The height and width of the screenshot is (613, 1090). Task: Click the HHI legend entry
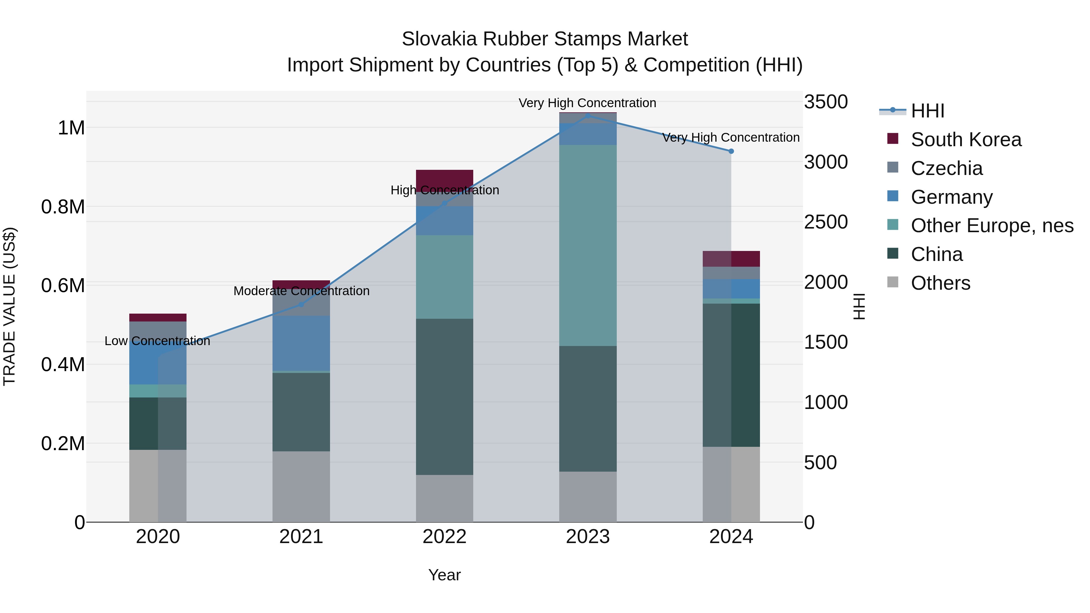pos(927,111)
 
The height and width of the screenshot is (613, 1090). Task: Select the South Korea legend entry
pos(966,140)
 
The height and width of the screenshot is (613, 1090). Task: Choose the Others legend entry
pos(940,283)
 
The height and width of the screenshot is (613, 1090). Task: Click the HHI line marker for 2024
pos(731,151)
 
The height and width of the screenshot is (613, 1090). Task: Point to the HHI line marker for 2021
pos(301,304)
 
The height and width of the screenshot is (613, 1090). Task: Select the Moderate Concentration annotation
pos(301,291)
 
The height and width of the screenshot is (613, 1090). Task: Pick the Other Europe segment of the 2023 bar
pos(587,246)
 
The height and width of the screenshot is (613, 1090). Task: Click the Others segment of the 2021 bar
pos(301,486)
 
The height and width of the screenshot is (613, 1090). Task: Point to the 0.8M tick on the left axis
pos(63,207)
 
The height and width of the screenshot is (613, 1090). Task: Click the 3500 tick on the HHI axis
pos(826,102)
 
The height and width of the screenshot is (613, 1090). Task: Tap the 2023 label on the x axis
pos(587,537)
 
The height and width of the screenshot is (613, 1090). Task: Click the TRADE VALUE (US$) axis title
pos(10,306)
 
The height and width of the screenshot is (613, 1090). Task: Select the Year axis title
pos(444,575)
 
